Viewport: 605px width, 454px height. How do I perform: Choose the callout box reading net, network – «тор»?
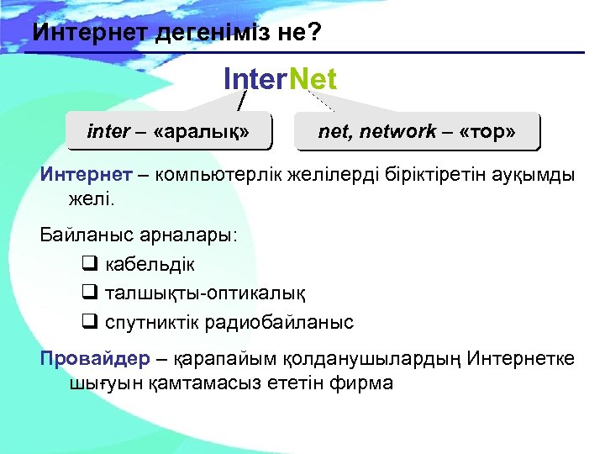pos(417,131)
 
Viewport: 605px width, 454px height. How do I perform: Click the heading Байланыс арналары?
pos(139,235)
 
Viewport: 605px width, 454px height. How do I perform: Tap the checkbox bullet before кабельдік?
pos(90,264)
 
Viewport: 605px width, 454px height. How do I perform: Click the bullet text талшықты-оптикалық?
pos(205,293)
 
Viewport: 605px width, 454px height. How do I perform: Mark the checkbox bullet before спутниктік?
pos(90,322)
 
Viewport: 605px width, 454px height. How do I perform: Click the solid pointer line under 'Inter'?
pos(242,99)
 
